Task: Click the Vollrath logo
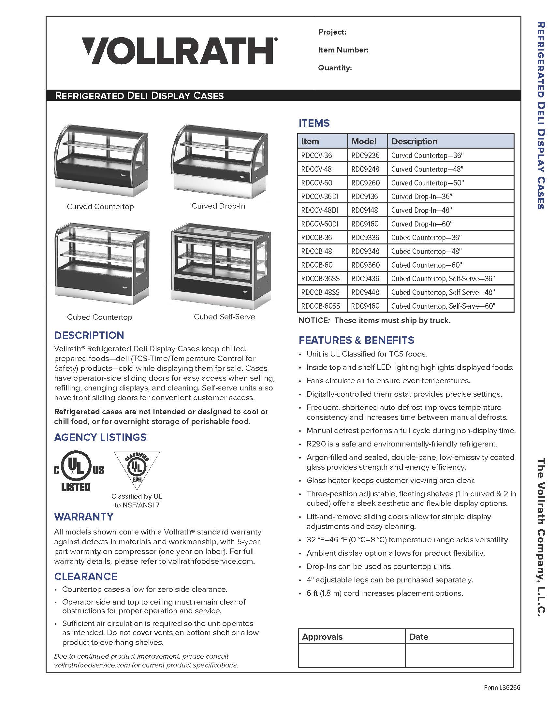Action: coord(179,51)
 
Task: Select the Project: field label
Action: coord(332,32)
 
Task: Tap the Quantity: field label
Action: coord(335,68)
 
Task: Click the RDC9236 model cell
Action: coord(365,155)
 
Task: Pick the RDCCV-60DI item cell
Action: coord(320,224)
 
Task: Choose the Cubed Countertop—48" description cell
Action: coord(426,251)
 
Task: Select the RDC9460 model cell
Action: coord(365,306)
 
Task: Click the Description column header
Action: coord(414,141)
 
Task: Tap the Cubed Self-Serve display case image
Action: coord(221,266)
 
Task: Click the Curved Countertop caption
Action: coord(100,207)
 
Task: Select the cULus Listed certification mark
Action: coord(79,471)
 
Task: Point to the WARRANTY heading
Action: coord(84,517)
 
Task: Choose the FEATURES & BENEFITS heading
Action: coord(356,340)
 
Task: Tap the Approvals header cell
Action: coord(322,637)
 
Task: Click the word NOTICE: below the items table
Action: coord(314,320)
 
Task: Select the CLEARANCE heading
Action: coord(86,577)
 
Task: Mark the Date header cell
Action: coord(418,637)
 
